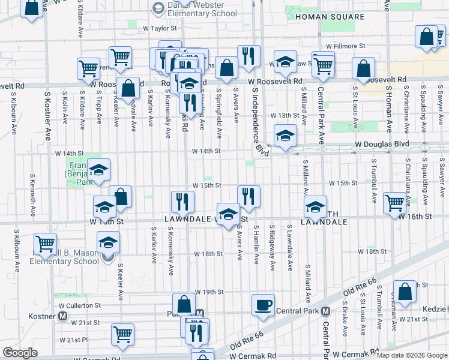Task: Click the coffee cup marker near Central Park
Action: (262, 305)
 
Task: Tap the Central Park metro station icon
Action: (325, 311)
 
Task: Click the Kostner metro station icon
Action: (62, 315)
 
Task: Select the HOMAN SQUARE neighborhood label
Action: (322, 17)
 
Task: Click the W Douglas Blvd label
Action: (381, 144)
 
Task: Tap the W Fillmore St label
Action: (345, 46)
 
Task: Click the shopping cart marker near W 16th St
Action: (394, 203)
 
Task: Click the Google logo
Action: (20, 353)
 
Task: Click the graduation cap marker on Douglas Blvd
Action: (285, 135)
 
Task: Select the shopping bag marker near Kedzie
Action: (405, 292)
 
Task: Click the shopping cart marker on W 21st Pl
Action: (122, 334)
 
